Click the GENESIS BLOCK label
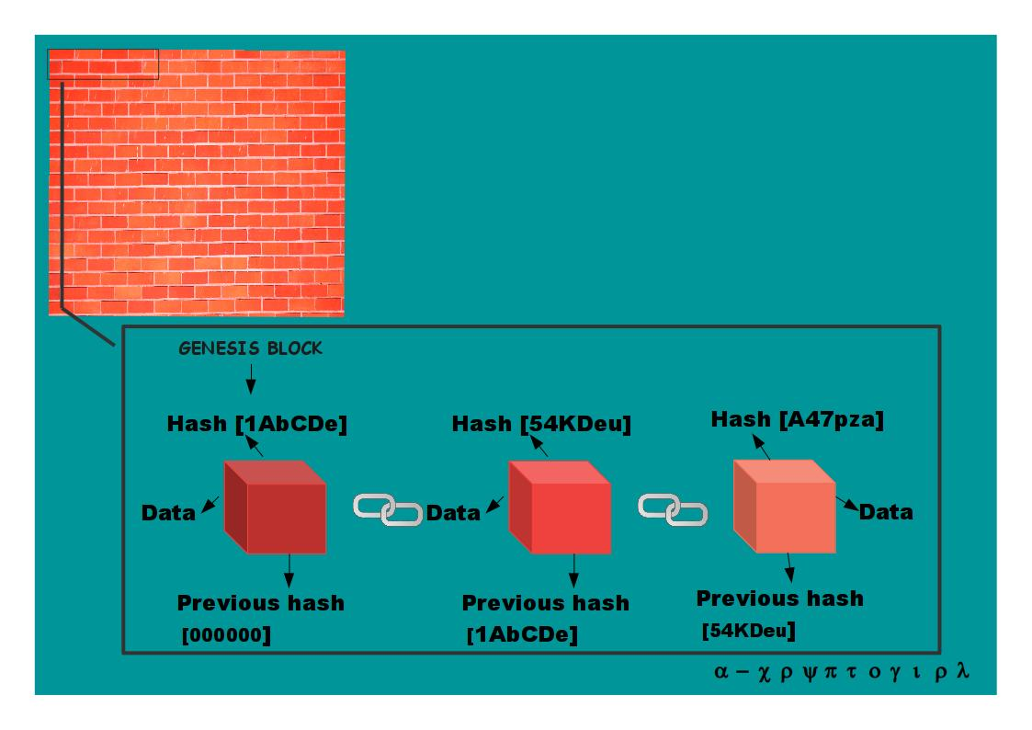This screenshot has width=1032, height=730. pyautogui.click(x=251, y=348)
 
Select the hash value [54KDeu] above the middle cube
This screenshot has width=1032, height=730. pyautogui.click(x=576, y=424)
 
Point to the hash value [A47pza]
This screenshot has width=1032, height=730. pyautogui.click(x=832, y=419)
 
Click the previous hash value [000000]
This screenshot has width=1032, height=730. pyautogui.click(x=226, y=635)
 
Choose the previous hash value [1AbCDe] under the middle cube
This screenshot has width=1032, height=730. pyautogui.click(x=522, y=634)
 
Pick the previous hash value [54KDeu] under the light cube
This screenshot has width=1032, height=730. pyautogui.click(x=749, y=631)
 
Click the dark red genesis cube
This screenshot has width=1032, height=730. pyautogui.click(x=275, y=507)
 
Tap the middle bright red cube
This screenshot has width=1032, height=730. pyautogui.click(x=560, y=507)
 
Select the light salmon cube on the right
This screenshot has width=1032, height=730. pyautogui.click(x=785, y=507)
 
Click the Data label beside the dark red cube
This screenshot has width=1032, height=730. pyautogui.click(x=168, y=513)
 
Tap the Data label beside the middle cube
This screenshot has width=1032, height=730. pyautogui.click(x=453, y=513)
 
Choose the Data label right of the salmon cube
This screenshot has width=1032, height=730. pyautogui.click(x=886, y=512)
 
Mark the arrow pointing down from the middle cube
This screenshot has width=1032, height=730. pyautogui.click(x=574, y=570)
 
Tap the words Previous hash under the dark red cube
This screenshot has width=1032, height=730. pyautogui.click(x=261, y=603)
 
